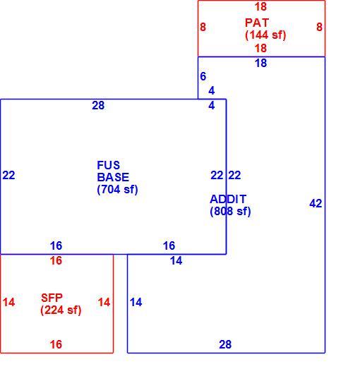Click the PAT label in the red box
[257, 23]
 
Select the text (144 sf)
[265, 35]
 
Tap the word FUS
[108, 165]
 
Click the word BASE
[113, 177]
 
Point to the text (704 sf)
[117, 190]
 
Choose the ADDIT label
[228, 199]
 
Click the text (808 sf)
[230, 212]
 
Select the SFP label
[52, 298]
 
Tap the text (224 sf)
[61, 310]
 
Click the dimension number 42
[316, 204]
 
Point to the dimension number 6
[203, 76]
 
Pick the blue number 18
[261, 63]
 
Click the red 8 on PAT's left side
[203, 27]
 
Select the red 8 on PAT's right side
[319, 27]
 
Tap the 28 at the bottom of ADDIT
[225, 344]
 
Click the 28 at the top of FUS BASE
[98, 106]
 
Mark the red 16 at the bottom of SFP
[56, 344]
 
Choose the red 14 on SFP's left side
[9, 303]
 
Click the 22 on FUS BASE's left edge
[9, 176]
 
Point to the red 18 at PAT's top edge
[261, 7]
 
